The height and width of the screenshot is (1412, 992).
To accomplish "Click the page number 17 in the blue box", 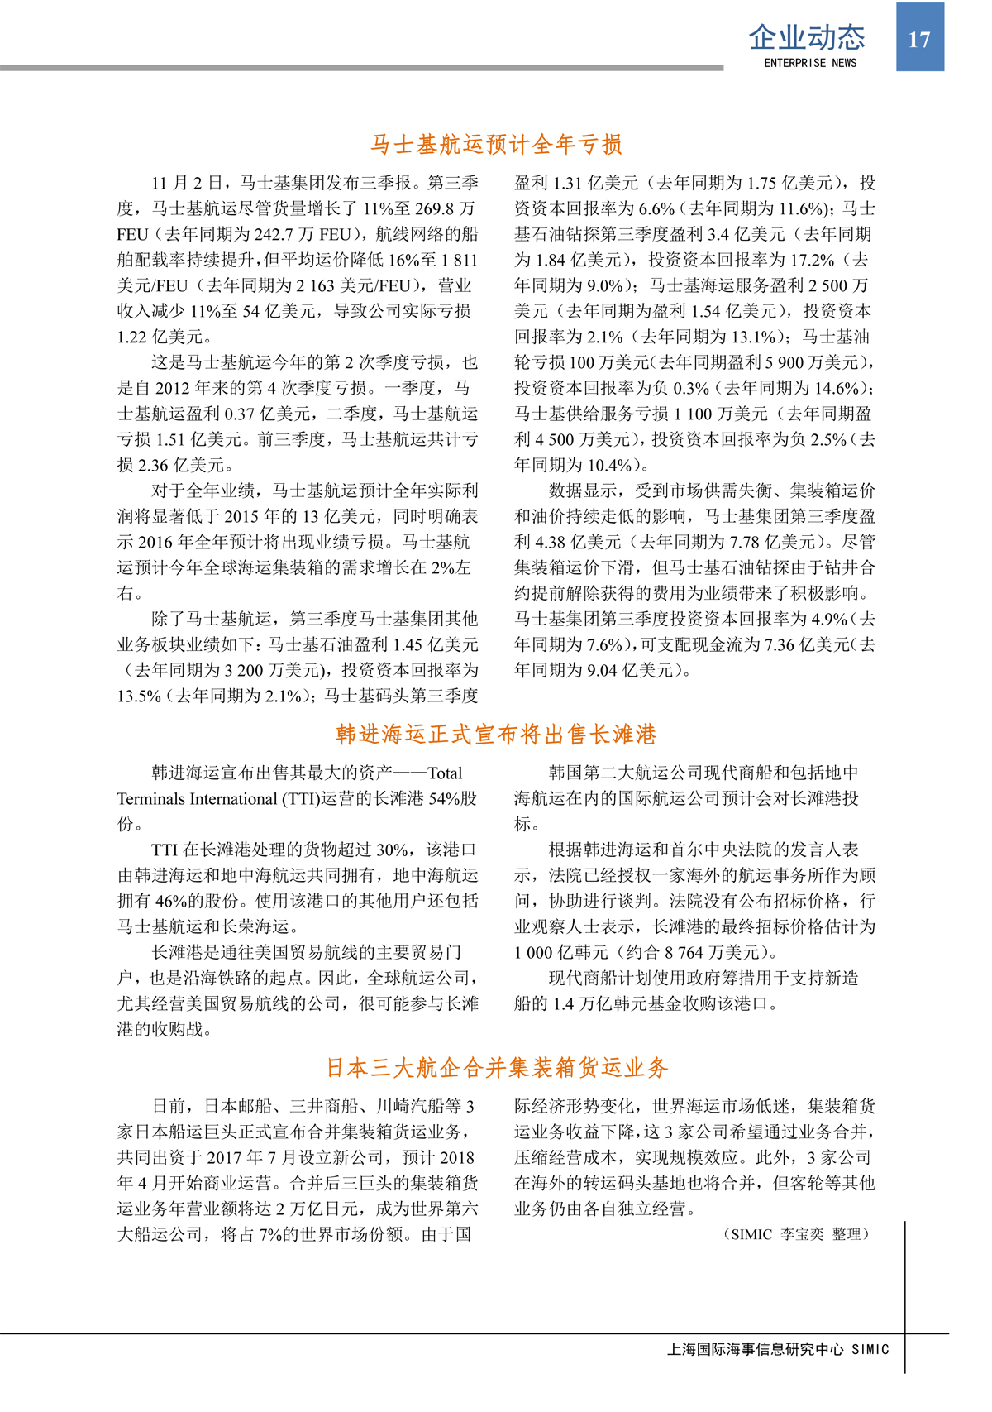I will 919,40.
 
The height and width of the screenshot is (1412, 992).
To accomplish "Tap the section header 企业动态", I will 806,37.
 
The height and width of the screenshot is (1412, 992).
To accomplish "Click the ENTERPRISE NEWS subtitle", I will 810,63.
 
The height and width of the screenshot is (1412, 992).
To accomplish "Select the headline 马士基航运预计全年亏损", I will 496,145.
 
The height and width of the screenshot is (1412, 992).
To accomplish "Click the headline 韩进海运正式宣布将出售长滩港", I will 496,735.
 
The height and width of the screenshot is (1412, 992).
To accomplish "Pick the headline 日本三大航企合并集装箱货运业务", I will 496,1068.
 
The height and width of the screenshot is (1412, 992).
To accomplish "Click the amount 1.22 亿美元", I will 164,337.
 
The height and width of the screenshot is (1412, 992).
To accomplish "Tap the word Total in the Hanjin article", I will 444,773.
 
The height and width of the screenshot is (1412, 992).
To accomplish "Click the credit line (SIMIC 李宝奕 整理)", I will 797,1234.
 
